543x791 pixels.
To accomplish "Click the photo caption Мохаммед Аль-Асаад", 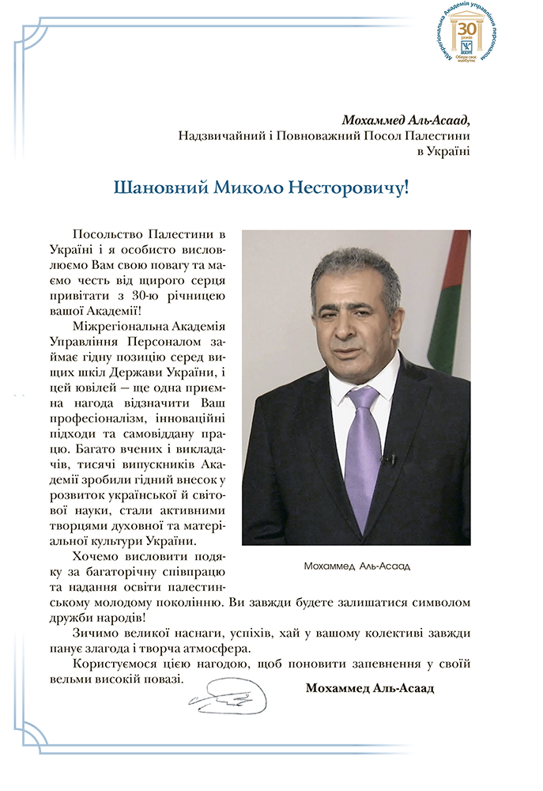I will [357, 566].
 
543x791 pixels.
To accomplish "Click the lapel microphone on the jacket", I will [387, 458].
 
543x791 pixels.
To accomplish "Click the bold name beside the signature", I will [369, 688].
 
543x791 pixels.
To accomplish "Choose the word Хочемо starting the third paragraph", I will [96, 556].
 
